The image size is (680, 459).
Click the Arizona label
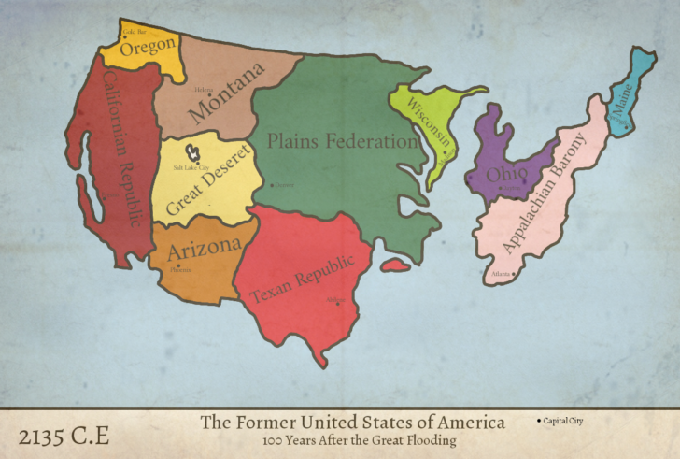pos(204,248)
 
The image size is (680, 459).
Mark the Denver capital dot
pos(272,185)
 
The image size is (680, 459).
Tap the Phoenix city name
pos(180,270)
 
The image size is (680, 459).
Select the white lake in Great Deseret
pos(194,150)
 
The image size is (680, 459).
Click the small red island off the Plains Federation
pos(395,265)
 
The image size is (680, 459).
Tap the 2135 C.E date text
pos(64,435)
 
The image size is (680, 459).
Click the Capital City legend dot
pos(540,422)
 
